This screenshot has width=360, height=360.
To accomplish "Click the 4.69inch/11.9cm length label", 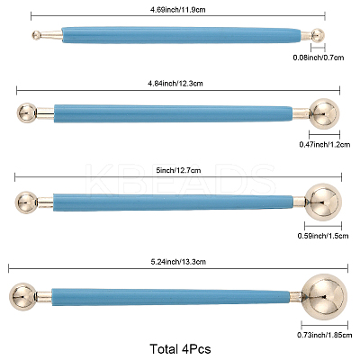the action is pos(178,10).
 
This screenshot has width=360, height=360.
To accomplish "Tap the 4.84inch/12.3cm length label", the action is pos(175,83).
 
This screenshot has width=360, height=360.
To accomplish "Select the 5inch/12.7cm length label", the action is pos(178,170).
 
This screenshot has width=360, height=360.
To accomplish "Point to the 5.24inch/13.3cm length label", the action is pos(178,262).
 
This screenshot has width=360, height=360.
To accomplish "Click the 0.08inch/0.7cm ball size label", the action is pos(319,58).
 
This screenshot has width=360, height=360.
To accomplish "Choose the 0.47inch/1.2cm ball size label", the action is pos(325,145).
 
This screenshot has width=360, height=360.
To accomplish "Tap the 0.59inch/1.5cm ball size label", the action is pos(323,236).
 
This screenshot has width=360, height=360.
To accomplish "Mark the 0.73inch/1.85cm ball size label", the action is pos(325,335).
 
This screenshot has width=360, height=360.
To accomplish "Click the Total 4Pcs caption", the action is pos(180,349).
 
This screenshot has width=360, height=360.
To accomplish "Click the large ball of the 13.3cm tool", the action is pos(324,296).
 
